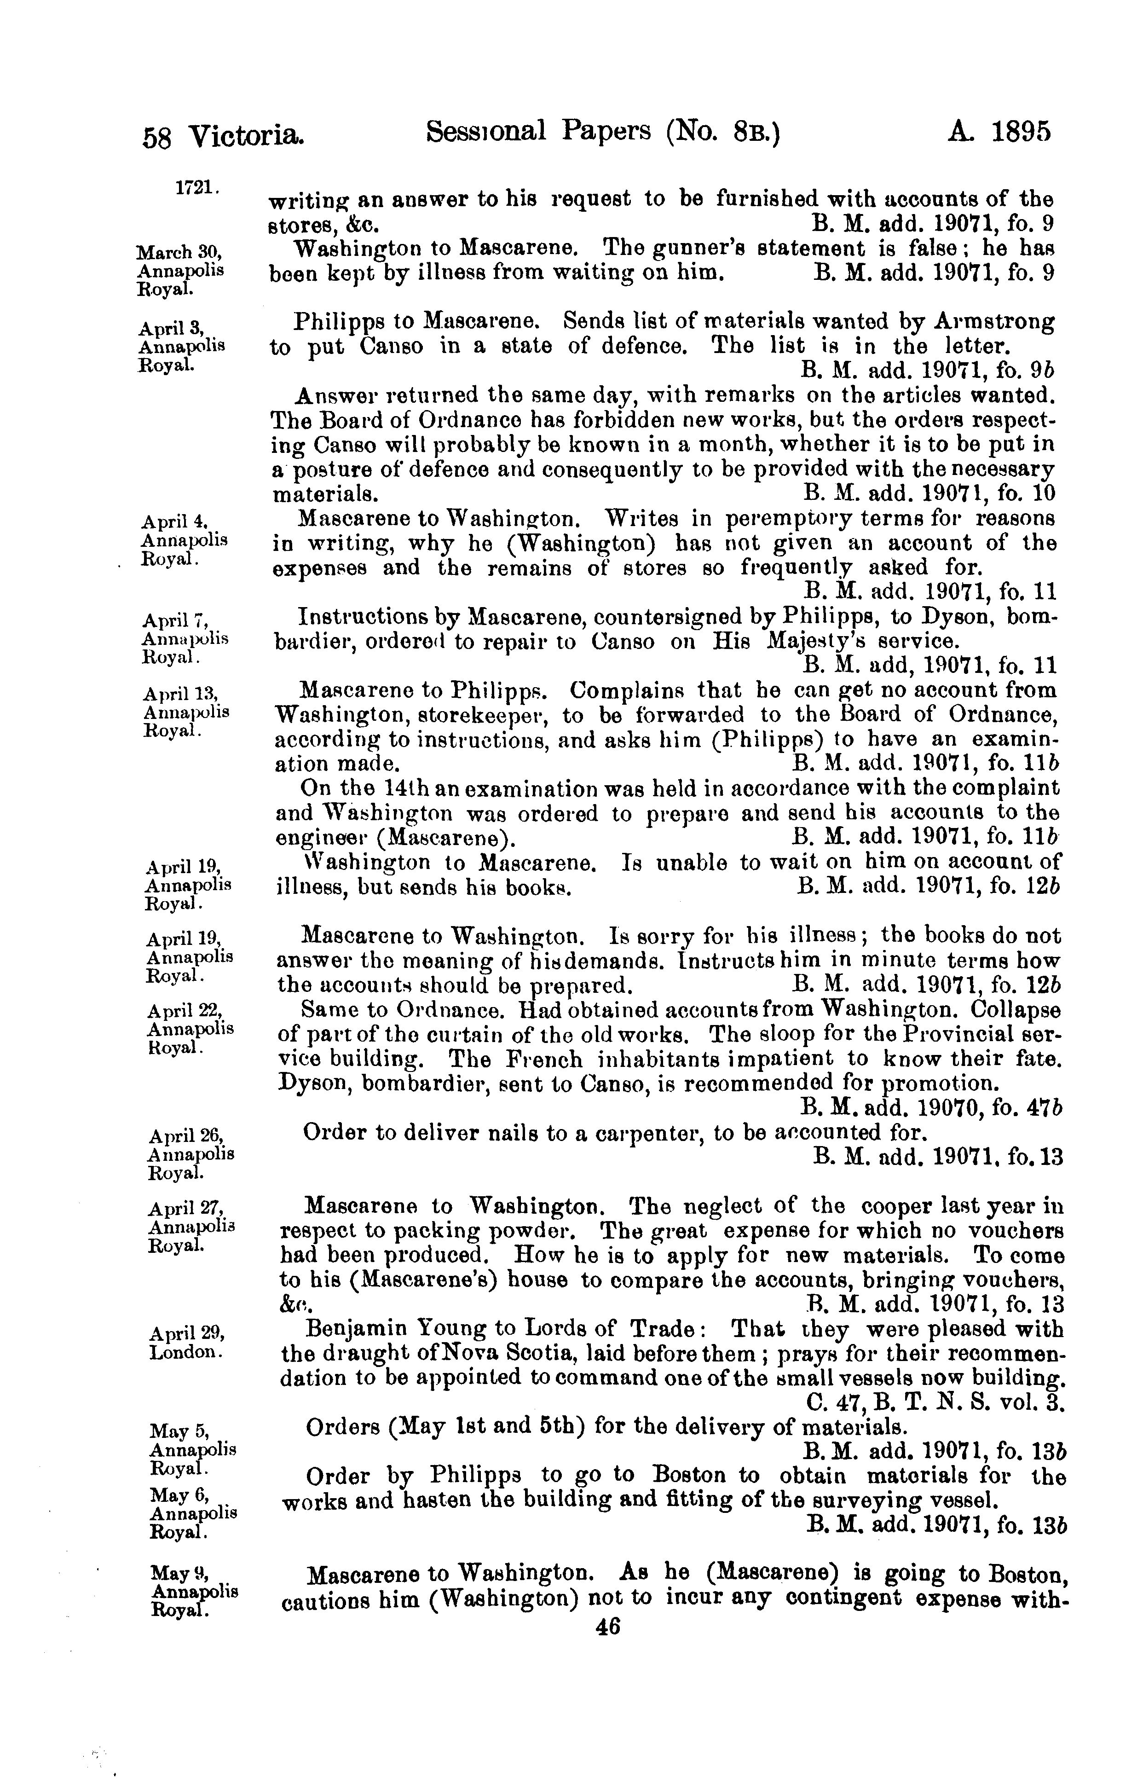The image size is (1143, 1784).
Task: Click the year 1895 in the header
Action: point(1021,133)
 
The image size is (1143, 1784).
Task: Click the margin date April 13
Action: point(182,695)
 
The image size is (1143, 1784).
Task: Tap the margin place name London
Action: point(185,1352)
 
